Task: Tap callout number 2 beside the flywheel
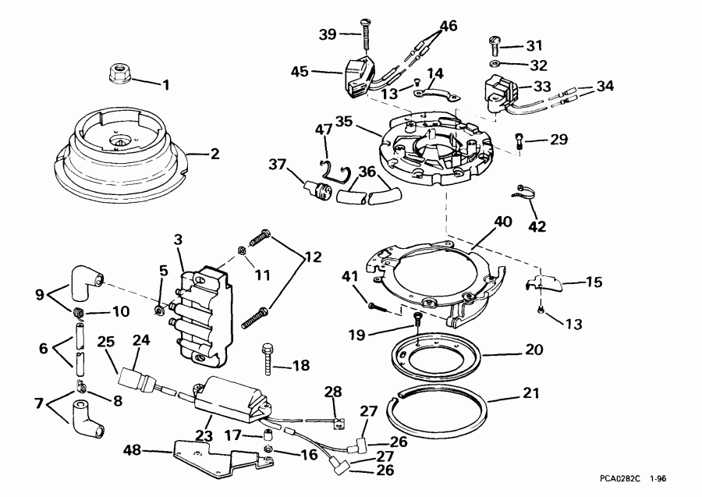[x=214, y=154]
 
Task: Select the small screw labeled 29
[x=520, y=141]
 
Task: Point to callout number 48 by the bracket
[x=133, y=449]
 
